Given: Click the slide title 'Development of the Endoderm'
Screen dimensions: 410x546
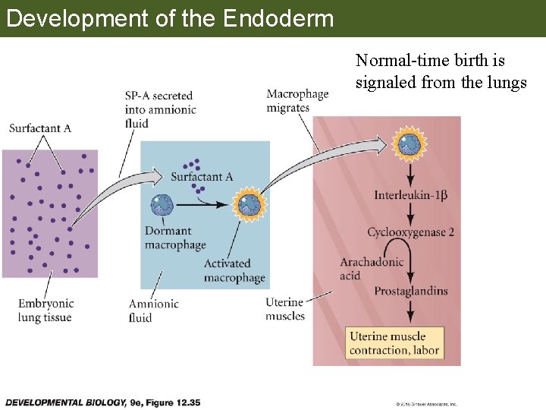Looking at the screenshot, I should click(169, 17).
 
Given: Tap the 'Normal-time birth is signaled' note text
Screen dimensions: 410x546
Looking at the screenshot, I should click(441, 71).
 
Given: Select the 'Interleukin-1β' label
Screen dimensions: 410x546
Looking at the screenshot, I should click(410, 196).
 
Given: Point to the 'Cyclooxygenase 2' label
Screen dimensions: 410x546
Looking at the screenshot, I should click(410, 232).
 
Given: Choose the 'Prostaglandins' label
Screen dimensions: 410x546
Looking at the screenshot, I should click(410, 292).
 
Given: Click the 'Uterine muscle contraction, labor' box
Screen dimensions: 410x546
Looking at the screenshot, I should click(394, 343).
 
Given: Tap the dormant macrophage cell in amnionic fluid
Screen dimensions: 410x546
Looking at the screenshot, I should click(162, 205).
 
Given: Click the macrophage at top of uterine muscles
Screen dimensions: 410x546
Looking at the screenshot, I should click(409, 143).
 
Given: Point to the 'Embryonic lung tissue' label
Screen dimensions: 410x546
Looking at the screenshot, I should click(45, 311).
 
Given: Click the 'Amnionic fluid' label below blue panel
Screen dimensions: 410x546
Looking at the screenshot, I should click(154, 311).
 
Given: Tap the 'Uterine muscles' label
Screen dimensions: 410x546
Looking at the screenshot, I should click(285, 310).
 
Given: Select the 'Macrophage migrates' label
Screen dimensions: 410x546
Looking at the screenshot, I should click(297, 101).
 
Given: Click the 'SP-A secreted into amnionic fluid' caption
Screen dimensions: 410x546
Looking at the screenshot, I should click(160, 109).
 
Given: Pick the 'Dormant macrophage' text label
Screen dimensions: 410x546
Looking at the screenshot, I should click(175, 238).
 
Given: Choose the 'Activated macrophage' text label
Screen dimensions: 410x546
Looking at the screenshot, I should click(234, 270).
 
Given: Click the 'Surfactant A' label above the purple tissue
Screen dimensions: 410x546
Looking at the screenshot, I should click(40, 128).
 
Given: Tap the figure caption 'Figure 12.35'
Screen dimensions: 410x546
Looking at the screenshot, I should click(102, 402).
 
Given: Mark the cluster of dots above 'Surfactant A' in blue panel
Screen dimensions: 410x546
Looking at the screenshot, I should click(192, 165).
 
